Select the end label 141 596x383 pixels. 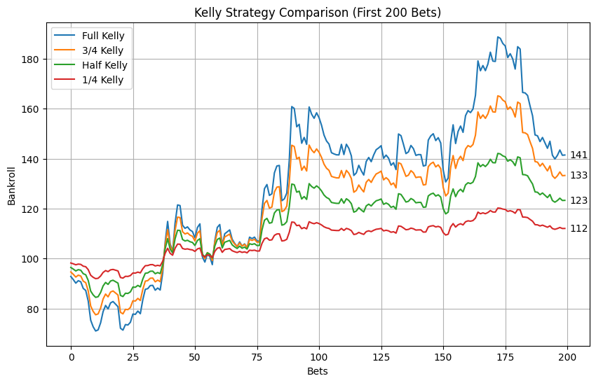578,155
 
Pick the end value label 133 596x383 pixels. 578,176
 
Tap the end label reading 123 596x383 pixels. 578,201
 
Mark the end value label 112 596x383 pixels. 578,228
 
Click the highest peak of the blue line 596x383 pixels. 498,37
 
